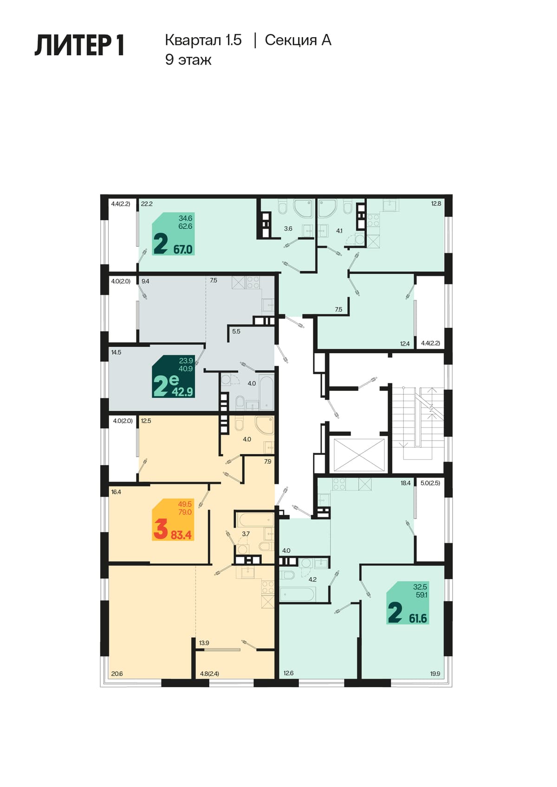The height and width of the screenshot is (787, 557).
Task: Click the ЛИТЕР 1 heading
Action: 79,45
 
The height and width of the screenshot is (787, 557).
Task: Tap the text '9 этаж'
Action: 188,60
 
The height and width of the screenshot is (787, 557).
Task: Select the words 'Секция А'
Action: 298,40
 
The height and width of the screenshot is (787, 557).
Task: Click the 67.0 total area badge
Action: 174,234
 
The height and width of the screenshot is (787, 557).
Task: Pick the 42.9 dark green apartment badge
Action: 173,376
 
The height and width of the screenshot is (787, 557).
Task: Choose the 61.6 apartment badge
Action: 408,602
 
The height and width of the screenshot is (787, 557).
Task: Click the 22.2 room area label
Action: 147,204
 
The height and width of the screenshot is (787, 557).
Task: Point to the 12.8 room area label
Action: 436,204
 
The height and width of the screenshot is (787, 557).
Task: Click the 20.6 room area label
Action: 117,674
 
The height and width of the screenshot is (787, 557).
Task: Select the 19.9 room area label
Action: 435,674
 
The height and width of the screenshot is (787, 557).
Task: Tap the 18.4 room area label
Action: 405,483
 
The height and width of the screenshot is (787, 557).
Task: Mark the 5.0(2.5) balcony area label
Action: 430,483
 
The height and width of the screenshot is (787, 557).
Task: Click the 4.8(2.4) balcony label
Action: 210,674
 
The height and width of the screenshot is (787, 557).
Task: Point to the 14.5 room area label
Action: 117,352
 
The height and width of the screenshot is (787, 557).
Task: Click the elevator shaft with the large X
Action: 359,455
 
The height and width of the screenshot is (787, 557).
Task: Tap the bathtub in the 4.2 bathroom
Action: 298,594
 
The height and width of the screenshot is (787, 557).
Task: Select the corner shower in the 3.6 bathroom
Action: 303,208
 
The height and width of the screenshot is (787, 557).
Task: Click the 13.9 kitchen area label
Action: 204,643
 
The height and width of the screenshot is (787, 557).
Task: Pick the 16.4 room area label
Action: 116,492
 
